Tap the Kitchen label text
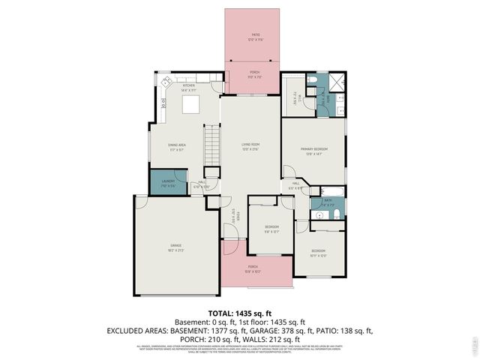tap(189, 87)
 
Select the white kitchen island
tap(193, 103)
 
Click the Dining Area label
tap(177, 145)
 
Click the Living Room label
tap(250, 145)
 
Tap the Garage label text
tap(175, 247)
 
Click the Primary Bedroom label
tap(314, 151)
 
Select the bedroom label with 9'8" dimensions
tap(271, 228)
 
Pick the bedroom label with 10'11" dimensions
tap(319, 253)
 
